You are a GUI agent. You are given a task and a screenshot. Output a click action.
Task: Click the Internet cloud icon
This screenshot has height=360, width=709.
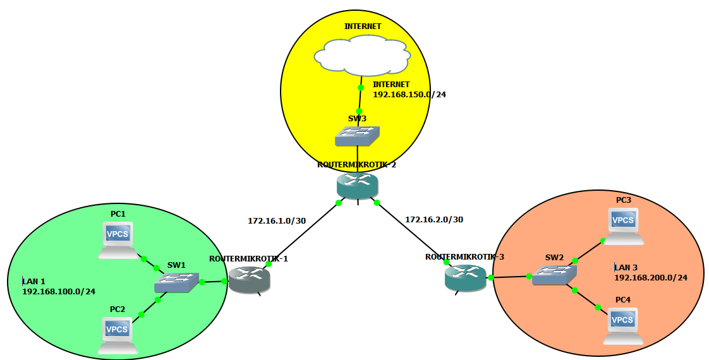(x=360, y=55)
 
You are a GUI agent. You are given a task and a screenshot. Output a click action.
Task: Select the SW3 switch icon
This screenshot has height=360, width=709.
(x=358, y=135)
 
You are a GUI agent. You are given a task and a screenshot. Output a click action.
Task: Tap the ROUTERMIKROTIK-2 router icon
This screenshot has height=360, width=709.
(x=357, y=184)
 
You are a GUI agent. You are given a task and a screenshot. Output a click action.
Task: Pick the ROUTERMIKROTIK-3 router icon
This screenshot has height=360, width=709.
(x=466, y=278)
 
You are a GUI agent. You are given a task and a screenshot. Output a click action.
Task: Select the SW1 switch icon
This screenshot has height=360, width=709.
(x=176, y=282)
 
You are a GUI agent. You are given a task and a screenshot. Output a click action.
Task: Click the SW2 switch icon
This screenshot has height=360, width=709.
(x=554, y=273)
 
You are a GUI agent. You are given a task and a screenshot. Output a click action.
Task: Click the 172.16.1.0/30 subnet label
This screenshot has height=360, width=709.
(x=277, y=220)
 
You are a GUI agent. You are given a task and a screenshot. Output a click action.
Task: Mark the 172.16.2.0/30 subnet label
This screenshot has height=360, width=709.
(x=434, y=220)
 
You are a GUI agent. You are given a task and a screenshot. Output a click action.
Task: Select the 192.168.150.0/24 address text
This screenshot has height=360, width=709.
(x=409, y=95)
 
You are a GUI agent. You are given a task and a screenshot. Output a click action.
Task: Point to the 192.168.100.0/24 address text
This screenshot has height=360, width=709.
(x=59, y=292)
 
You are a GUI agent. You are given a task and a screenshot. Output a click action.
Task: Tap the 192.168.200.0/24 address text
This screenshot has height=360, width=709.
(x=650, y=277)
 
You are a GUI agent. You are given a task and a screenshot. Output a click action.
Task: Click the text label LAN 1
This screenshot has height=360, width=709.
(x=34, y=281)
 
